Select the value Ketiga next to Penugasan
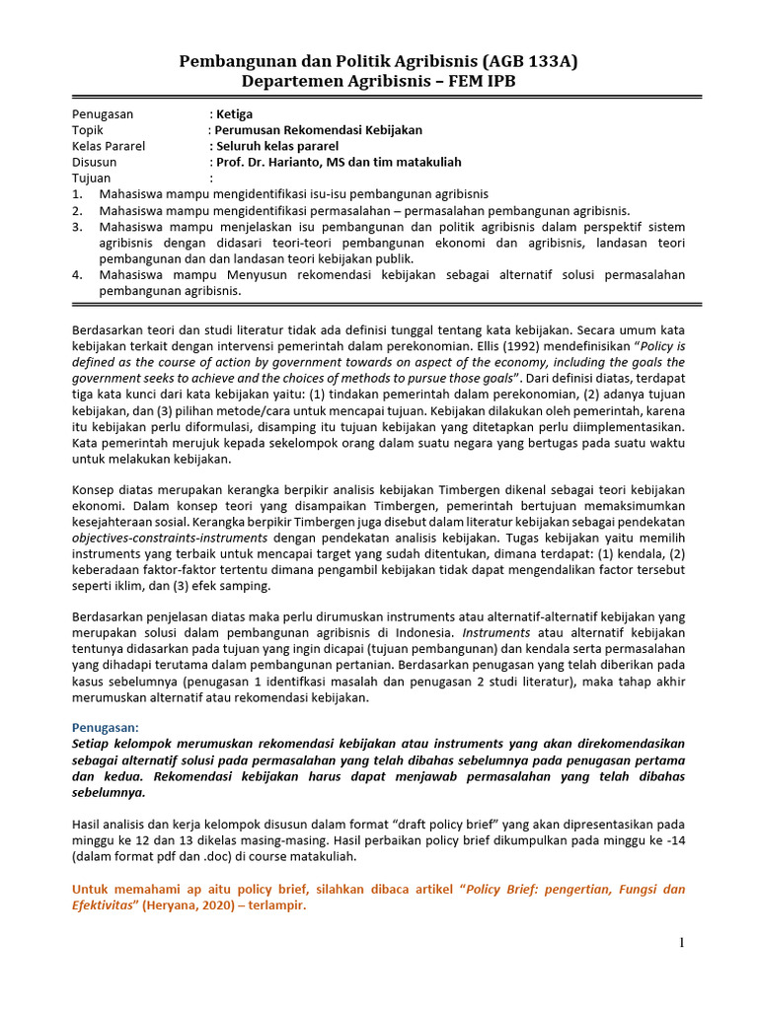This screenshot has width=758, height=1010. pos(235,113)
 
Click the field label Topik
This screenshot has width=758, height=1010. pos(88,129)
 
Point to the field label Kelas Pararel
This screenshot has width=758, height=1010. pos(109,146)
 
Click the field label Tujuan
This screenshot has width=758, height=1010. pos(92,178)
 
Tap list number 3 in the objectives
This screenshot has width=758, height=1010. pos(76,226)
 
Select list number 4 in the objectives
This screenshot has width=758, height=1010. pos(76,274)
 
